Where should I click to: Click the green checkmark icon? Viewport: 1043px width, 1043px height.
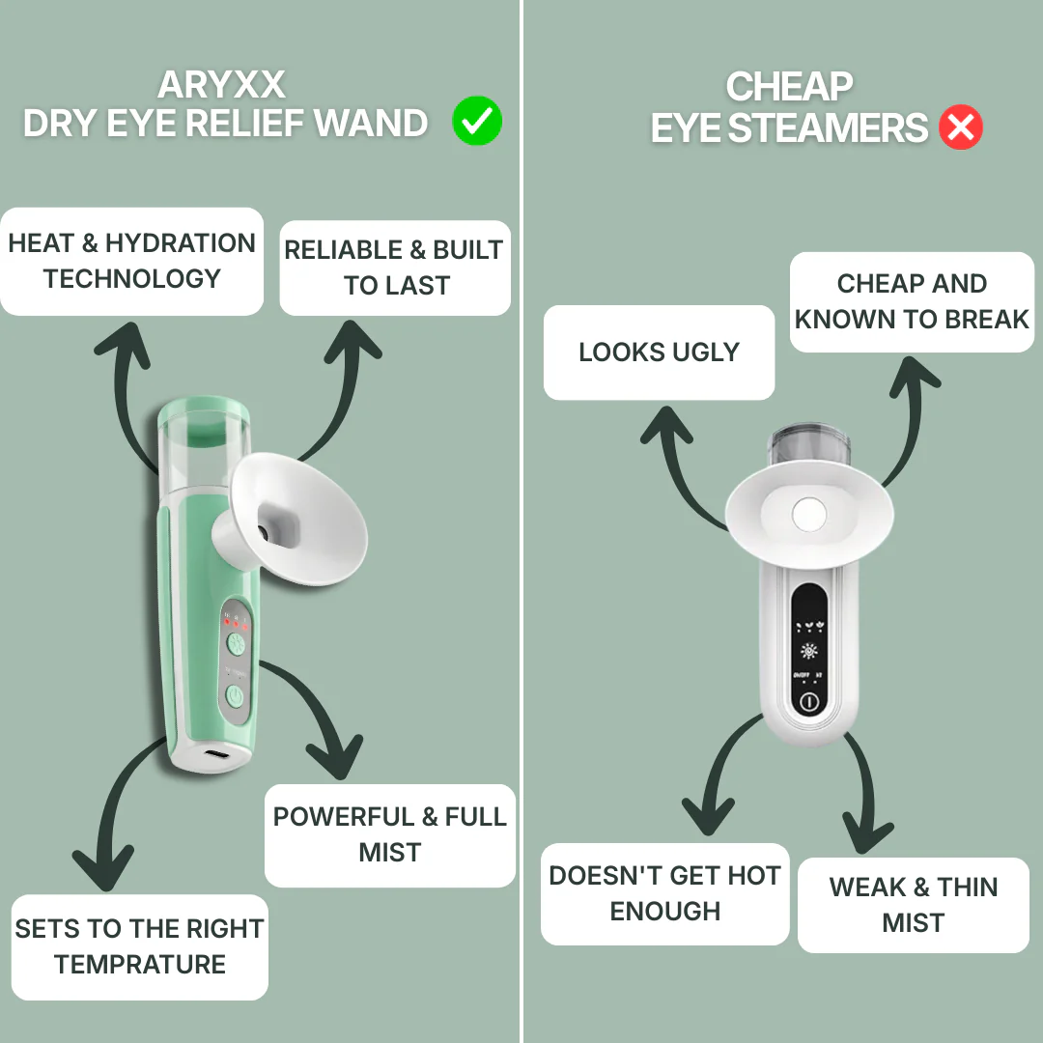tap(477, 123)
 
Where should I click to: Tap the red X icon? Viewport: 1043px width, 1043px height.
tap(960, 127)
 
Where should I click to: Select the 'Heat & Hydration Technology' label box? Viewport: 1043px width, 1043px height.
tap(132, 261)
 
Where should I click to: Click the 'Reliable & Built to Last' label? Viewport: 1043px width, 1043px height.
tap(395, 268)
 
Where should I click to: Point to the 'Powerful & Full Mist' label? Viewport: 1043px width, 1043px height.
tap(390, 834)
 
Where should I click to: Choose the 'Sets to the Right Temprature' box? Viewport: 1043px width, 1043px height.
tap(140, 946)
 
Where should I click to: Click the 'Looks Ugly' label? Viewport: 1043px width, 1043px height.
tap(659, 352)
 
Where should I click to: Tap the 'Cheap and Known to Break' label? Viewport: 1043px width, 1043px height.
tap(912, 301)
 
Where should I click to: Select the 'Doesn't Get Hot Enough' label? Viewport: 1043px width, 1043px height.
tap(664, 893)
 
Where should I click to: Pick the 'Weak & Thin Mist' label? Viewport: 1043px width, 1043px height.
tap(913, 905)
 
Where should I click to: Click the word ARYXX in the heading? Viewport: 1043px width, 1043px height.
tap(221, 85)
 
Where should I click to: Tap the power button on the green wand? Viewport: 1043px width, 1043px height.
tap(235, 694)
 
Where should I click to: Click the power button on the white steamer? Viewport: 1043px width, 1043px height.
tap(808, 702)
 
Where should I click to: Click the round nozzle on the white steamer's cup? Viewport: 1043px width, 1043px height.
tap(807, 515)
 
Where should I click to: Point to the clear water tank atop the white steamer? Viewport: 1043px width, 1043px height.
tap(809, 446)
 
